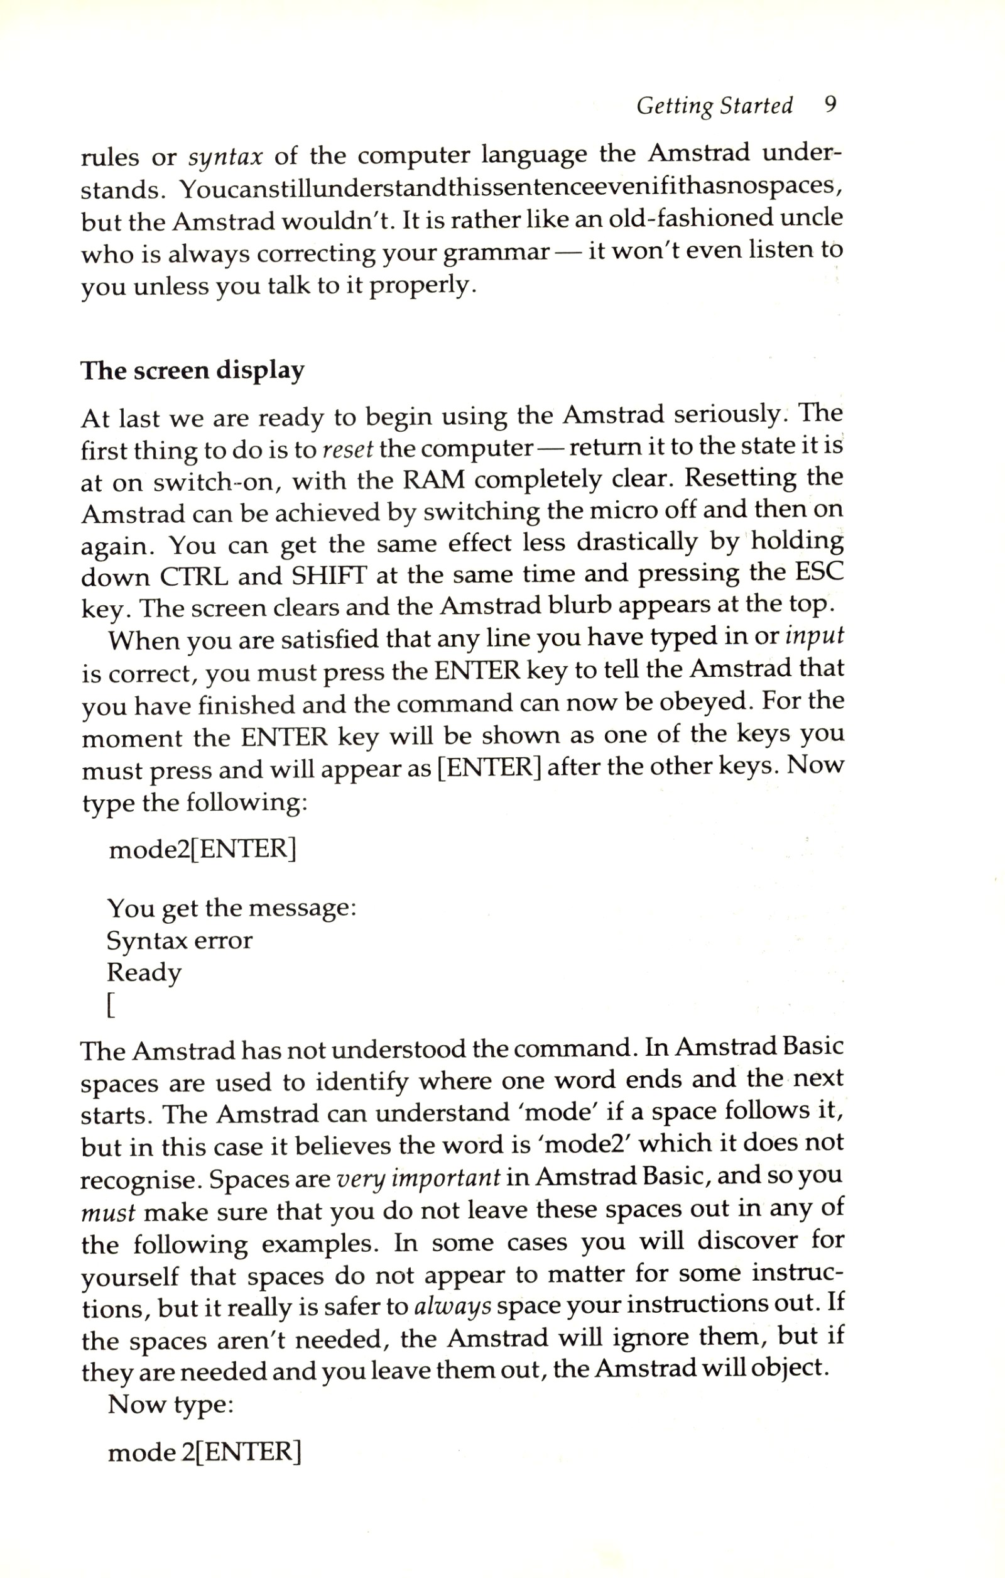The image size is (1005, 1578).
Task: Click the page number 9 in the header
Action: [x=830, y=105]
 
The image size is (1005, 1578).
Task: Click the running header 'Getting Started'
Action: [x=714, y=106]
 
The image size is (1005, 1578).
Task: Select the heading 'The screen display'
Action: [x=192, y=371]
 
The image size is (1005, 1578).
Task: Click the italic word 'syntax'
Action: [x=225, y=158]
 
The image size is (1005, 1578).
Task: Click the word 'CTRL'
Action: [x=194, y=577]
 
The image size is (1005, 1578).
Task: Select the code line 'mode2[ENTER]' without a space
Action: [x=202, y=849]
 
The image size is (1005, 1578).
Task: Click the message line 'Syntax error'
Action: [x=180, y=940]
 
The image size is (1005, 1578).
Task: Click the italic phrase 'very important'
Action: [x=418, y=1177]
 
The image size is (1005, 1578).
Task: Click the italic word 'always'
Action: [x=453, y=1306]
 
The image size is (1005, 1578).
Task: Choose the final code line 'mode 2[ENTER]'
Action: [x=204, y=1452]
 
